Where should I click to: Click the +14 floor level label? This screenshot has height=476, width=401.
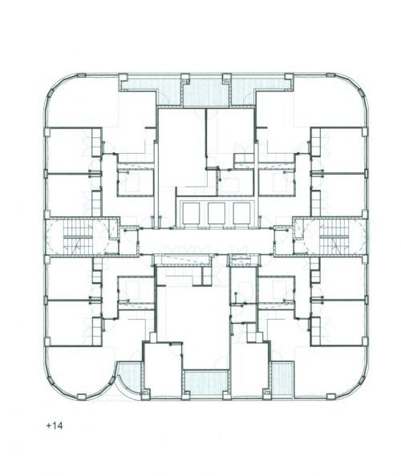(x=55, y=426)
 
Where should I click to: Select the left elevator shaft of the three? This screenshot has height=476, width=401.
(x=191, y=213)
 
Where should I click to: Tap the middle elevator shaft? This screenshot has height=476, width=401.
(x=217, y=213)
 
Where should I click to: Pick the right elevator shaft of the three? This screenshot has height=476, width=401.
(x=242, y=213)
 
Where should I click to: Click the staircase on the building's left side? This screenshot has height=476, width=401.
(x=78, y=236)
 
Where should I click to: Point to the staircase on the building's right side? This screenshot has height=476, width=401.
(x=334, y=236)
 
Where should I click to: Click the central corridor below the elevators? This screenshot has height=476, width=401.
(x=206, y=241)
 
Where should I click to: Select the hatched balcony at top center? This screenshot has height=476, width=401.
(x=206, y=92)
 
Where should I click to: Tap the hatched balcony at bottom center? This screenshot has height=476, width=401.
(x=206, y=382)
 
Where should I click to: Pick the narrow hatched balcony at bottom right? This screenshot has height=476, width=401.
(x=282, y=378)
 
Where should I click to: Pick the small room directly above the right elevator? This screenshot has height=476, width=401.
(x=237, y=182)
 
